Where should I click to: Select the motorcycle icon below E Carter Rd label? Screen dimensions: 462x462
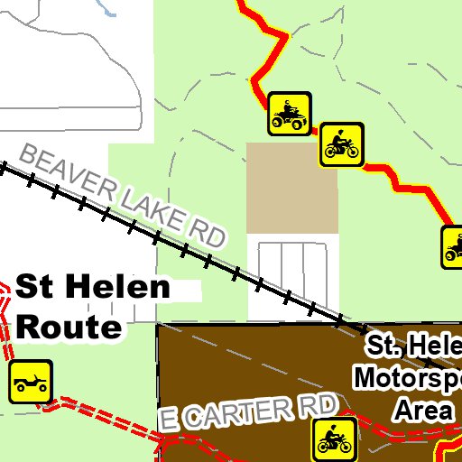click(333, 440)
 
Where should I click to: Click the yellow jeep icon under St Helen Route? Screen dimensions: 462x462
click(31, 381)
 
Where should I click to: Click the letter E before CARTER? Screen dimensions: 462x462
click(170, 419)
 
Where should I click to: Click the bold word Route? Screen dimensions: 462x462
click(69, 326)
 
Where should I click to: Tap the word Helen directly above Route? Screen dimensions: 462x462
click(117, 289)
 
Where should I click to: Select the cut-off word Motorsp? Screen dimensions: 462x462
click(407, 377)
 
